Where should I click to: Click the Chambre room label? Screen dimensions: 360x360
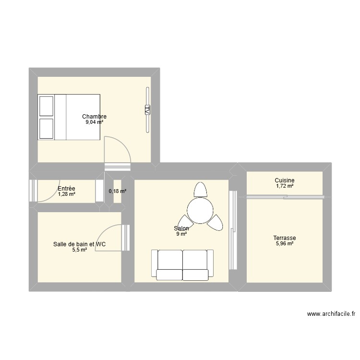94,117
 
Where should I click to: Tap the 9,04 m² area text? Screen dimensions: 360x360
94,122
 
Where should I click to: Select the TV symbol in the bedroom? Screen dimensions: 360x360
147,110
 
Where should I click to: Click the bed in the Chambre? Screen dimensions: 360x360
69,117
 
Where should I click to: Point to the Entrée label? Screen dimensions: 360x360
66,189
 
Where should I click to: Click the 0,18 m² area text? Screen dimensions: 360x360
118,191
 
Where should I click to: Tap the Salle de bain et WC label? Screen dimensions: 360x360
79,244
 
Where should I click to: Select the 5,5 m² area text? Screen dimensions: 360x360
79,250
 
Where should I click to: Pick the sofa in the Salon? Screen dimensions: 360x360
182,264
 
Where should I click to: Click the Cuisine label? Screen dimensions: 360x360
285,180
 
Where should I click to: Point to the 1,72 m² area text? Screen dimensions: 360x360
285,186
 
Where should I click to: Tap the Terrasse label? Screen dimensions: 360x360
285,238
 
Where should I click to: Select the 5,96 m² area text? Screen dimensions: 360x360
285,244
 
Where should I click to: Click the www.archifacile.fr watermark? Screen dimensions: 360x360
331,314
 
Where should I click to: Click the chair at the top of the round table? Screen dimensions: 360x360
201,189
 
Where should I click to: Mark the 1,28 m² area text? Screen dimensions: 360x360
66,194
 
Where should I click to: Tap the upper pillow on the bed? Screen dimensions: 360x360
46,106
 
